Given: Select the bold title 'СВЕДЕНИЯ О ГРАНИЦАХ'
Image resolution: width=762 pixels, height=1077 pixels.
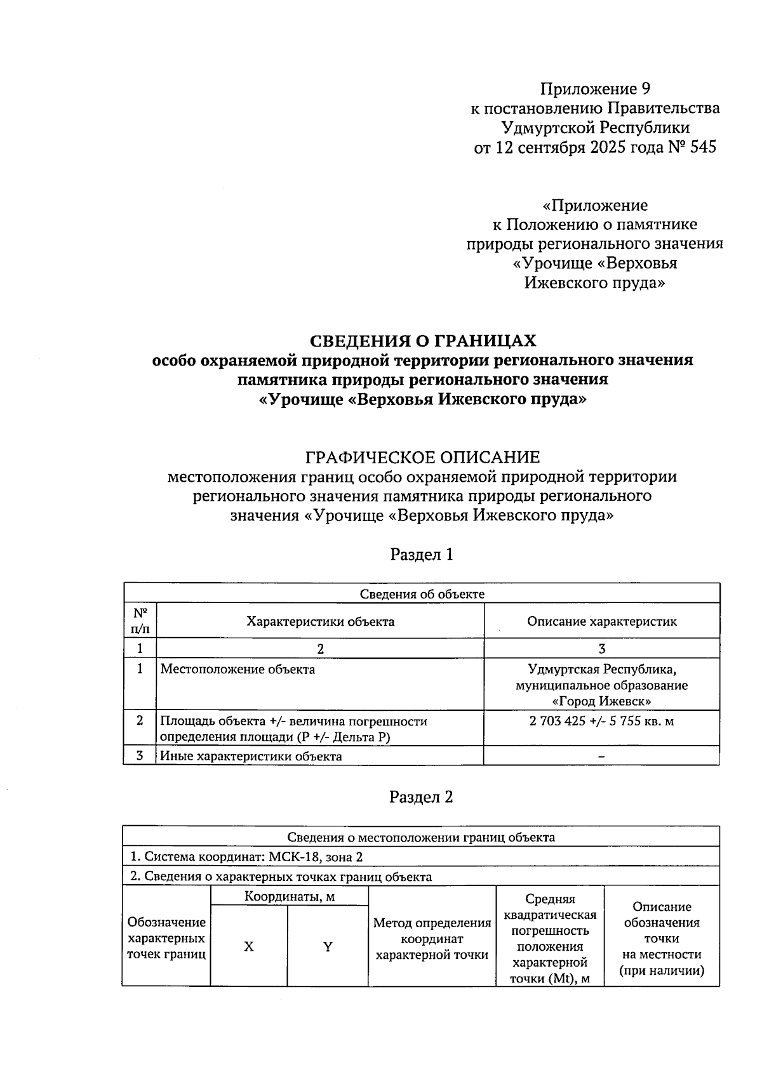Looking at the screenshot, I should point(422,341).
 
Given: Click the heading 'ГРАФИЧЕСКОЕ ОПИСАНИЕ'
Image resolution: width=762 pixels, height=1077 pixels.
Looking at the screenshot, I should point(422,456).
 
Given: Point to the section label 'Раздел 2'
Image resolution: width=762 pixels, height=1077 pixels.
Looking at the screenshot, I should point(421,796).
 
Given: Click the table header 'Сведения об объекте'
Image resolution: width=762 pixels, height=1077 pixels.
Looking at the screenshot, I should point(422,594).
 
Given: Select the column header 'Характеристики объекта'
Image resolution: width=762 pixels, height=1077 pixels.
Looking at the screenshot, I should point(320,621).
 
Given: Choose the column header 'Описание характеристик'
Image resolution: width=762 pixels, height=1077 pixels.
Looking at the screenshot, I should point(601,621).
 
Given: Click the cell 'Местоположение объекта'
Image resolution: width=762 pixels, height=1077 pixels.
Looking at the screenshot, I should point(237,669).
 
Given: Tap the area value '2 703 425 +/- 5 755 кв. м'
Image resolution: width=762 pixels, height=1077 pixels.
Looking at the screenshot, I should point(601,721).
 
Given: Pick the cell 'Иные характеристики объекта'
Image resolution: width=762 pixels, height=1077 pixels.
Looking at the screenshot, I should point(251,756).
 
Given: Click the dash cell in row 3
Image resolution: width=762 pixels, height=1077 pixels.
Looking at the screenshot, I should point(601,756).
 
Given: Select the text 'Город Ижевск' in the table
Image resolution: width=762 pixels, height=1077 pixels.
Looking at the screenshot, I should point(601,701).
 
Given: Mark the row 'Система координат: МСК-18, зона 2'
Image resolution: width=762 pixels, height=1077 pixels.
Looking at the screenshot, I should point(247,856).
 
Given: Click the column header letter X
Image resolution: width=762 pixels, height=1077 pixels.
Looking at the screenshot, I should point(249,946).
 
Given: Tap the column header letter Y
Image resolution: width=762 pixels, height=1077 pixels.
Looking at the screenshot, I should point(328,946).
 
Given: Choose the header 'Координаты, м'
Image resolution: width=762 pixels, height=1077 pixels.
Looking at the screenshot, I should point(290,896).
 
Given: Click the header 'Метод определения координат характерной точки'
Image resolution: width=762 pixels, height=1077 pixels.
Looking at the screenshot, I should point(432,939).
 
